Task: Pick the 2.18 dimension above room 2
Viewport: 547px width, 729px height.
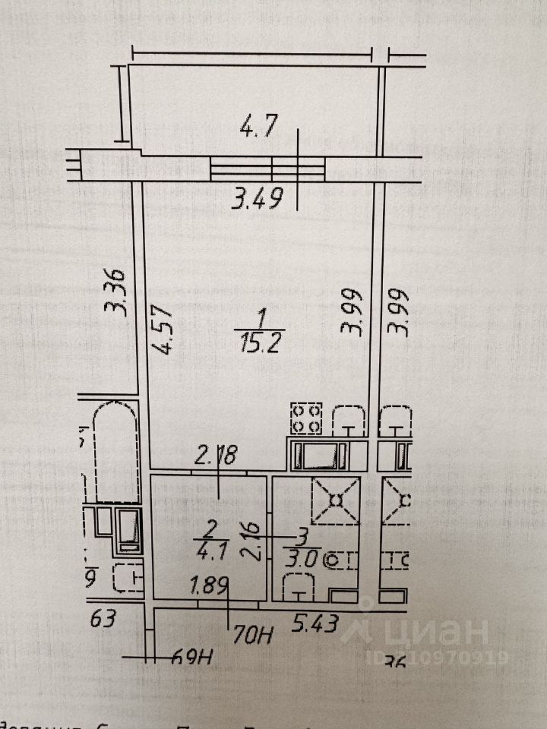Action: pyautogui.click(x=217, y=457)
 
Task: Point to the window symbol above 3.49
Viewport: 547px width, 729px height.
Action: pyautogui.click(x=267, y=165)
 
